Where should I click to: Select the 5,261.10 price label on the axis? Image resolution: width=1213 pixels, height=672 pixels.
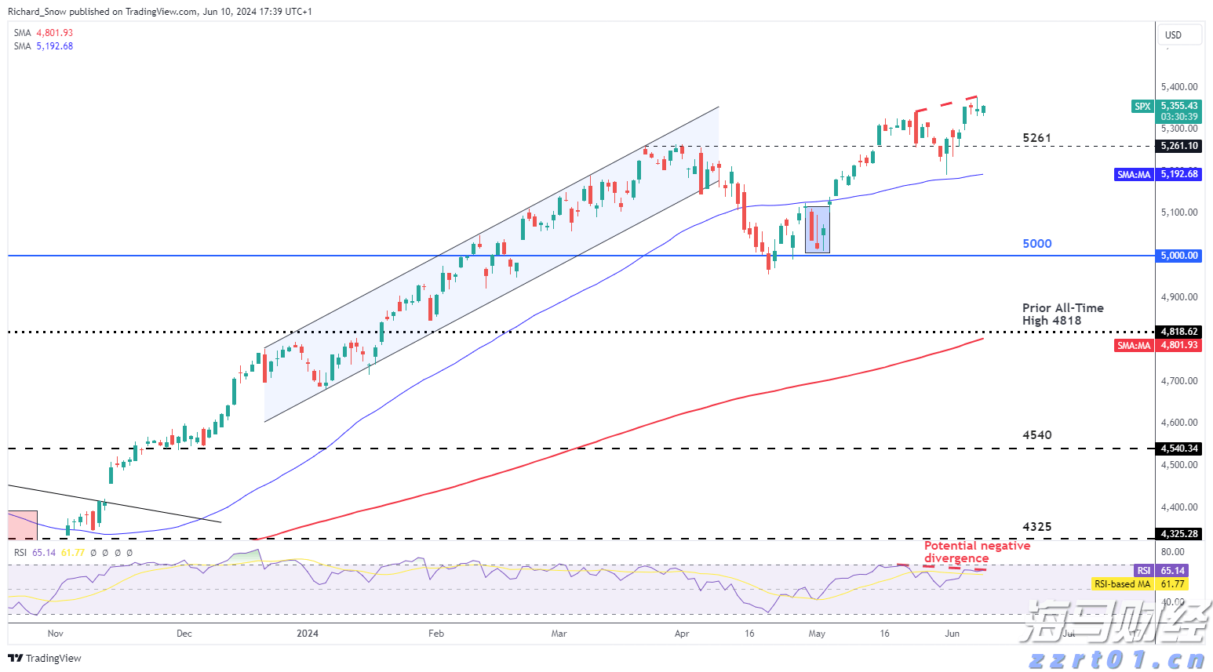pos(1179,146)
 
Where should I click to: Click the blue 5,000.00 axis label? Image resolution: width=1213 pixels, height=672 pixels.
pos(1179,256)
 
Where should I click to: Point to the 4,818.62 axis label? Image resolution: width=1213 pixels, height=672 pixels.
pos(1179,332)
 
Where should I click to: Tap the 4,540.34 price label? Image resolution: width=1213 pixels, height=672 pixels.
pos(1179,449)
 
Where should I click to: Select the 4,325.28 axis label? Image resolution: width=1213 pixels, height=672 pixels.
pos(1179,534)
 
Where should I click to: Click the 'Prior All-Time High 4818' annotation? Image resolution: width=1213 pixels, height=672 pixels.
pos(1062,314)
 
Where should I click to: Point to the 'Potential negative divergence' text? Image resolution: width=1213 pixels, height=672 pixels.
pos(976,552)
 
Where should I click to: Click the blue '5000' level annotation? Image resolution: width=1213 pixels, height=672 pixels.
pos(1036,244)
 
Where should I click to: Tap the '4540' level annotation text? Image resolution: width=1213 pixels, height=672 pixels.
pos(1036,435)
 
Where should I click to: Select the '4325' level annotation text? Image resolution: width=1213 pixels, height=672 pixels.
pos(1036,527)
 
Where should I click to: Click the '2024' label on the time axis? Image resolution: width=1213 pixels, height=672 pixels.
pos(308,634)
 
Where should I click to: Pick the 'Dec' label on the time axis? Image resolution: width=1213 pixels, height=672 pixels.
pos(184,634)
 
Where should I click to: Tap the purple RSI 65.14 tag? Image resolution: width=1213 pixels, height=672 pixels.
pos(1160,571)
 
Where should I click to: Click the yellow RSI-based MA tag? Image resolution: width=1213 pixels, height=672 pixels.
pos(1139,584)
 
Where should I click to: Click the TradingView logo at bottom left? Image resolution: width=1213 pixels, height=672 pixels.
pos(46,659)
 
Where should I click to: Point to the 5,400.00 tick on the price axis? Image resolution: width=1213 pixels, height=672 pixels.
pos(1179,87)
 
